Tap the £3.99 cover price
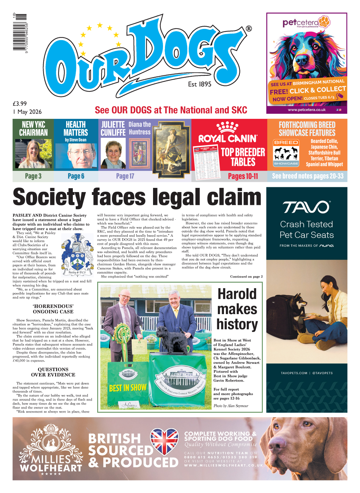pos(20,104)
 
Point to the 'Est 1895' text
pos(200,84)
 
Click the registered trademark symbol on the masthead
pos(249,29)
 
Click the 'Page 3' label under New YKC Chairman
pos(33,176)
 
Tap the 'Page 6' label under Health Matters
pos(76,176)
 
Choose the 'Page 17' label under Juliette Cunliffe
pos(125,176)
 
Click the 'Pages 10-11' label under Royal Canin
pos(243,176)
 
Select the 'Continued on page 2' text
pos(246,277)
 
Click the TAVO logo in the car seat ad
pos(306,207)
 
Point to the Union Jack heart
pos(164,442)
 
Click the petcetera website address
pos(306,110)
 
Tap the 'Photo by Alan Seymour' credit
pos(231,406)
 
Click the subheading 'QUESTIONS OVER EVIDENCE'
pos(53,372)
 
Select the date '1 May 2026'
pos(27,112)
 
